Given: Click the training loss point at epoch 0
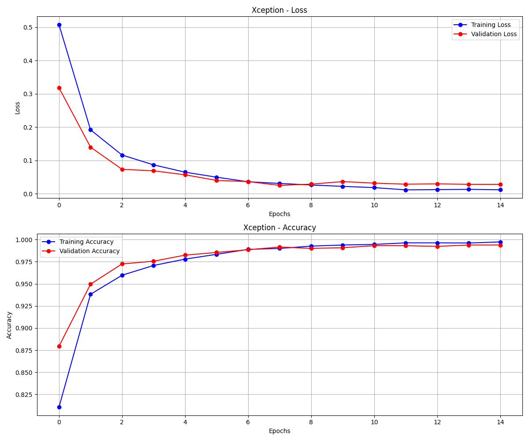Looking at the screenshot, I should click(59, 25).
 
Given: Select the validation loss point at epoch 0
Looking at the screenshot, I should click(59, 88).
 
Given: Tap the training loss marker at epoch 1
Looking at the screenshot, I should click(90, 130).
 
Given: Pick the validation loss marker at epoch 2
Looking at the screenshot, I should click(122, 169).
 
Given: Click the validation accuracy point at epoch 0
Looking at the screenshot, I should click(59, 346).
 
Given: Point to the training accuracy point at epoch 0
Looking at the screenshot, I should click(59, 407).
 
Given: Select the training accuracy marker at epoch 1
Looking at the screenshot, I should click(90, 294).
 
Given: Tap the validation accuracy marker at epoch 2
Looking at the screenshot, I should click(122, 264).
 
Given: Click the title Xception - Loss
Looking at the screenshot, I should click(279, 10).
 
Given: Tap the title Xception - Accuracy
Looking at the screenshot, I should click(279, 228).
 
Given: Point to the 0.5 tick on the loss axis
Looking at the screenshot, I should click(28, 27).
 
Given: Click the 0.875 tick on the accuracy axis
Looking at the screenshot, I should click(23, 350).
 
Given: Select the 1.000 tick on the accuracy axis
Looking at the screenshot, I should click(23, 240).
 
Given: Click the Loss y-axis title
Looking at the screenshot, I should click(18, 108).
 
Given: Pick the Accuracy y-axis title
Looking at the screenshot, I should click(9, 325).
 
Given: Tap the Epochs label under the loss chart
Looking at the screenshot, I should click(279, 214).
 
